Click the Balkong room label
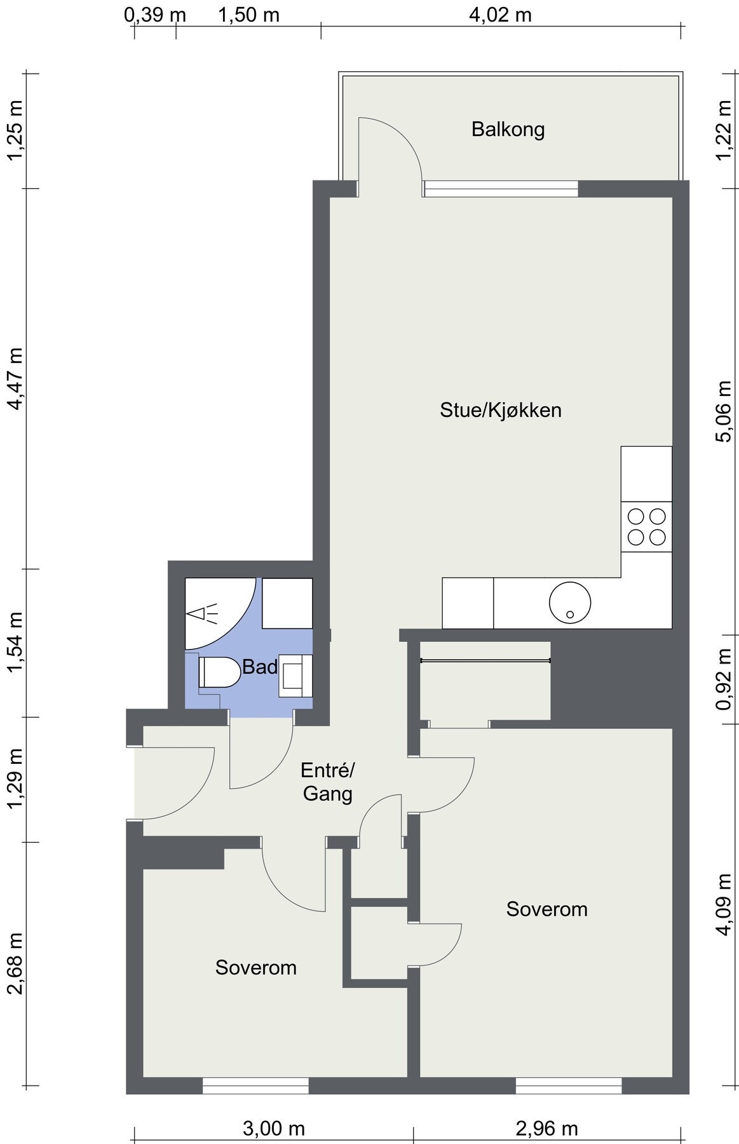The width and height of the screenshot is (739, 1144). (x=508, y=130)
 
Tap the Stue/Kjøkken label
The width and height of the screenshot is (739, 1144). (x=501, y=410)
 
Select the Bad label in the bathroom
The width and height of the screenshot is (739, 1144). (x=260, y=667)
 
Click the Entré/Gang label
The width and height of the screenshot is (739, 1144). (x=327, y=782)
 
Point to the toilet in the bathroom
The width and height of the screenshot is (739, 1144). (x=219, y=672)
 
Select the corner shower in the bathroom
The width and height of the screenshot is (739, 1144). (x=220, y=613)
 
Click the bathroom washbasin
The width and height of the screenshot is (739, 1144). (x=295, y=675)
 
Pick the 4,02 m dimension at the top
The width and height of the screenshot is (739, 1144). (x=500, y=15)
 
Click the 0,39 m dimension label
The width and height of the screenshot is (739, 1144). (x=155, y=15)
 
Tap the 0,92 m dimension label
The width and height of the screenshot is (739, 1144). (x=724, y=679)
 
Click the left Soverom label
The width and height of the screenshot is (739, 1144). (x=256, y=967)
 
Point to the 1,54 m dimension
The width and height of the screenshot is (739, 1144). (x=15, y=643)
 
